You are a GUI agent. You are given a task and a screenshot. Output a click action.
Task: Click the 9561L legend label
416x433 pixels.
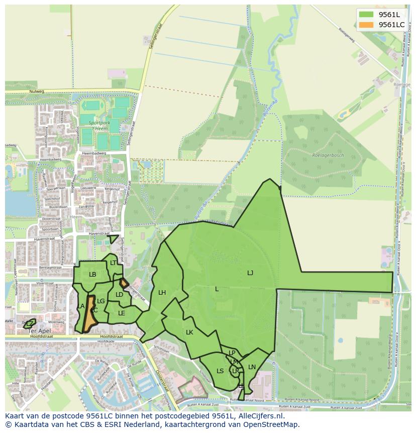(389, 14)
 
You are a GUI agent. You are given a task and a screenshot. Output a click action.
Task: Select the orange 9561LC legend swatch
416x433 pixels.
(366, 25)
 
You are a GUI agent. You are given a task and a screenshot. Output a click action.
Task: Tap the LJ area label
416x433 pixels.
(250, 273)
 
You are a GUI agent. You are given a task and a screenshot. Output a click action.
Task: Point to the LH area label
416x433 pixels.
(162, 293)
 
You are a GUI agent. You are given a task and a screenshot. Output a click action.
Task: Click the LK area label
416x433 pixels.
(189, 332)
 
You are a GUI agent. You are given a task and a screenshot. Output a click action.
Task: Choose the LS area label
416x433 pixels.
(220, 371)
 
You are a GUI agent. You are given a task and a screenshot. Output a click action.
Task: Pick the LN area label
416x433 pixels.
(252, 367)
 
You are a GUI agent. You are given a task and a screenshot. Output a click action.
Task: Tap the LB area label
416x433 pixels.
(92, 275)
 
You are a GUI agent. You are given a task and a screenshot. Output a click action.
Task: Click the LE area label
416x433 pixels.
(122, 313)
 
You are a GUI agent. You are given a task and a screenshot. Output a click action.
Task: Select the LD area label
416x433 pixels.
(119, 295)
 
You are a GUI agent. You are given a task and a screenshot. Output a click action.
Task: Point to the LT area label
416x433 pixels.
(113, 263)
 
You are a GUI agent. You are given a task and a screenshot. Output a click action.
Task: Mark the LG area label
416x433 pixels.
(100, 301)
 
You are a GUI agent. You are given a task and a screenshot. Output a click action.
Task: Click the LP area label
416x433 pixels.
(232, 353)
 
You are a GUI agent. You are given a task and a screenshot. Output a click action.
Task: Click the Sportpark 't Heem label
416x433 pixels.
(98, 125)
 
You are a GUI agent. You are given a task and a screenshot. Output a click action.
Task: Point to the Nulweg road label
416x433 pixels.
(37, 92)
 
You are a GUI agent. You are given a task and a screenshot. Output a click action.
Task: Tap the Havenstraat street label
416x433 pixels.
(98, 234)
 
